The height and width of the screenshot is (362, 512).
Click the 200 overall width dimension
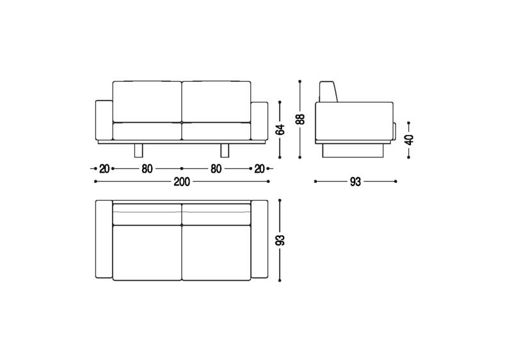(x=182, y=182)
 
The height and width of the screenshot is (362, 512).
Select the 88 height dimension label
(x=300, y=119)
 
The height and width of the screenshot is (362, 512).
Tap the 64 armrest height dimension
(x=280, y=130)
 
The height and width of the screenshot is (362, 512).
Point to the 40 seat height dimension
(x=409, y=139)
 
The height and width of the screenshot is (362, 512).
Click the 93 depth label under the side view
(x=355, y=182)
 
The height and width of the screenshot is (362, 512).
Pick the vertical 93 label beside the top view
(x=280, y=240)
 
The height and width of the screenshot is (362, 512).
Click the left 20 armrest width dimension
(x=104, y=169)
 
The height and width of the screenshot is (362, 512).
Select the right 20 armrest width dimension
(x=259, y=169)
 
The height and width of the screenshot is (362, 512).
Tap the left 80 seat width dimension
(x=147, y=169)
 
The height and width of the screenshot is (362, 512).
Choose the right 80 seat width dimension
(x=216, y=169)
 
